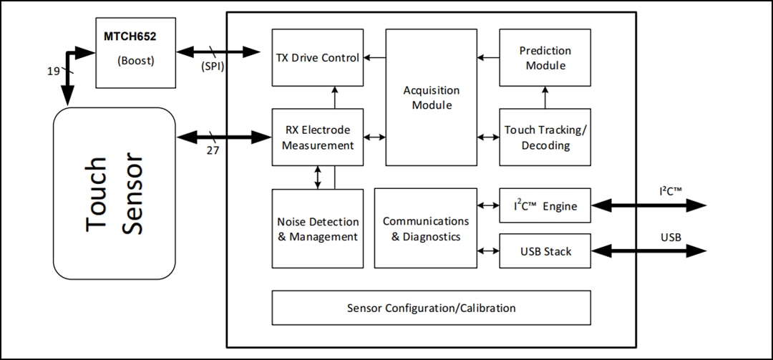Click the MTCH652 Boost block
pyautogui.click(x=135, y=53)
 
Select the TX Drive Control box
pyautogui.click(x=317, y=57)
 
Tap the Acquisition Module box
pyautogui.click(x=431, y=97)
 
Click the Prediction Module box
pyautogui.click(x=545, y=58)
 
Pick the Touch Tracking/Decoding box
pyautogui.click(x=545, y=137)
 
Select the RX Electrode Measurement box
pyautogui.click(x=317, y=137)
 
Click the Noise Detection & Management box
pyautogui.click(x=317, y=228)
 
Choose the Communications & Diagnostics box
pyautogui.click(x=425, y=228)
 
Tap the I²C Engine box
pyautogui.click(x=545, y=206)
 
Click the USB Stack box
pyautogui.click(x=545, y=251)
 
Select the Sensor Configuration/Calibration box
pyautogui.click(x=431, y=308)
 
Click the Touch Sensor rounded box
pyautogui.click(x=115, y=193)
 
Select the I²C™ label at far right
pyautogui.click(x=671, y=192)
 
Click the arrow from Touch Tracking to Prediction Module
pyautogui.click(x=545, y=97)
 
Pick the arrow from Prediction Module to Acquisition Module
pyautogui.click(x=488, y=58)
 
